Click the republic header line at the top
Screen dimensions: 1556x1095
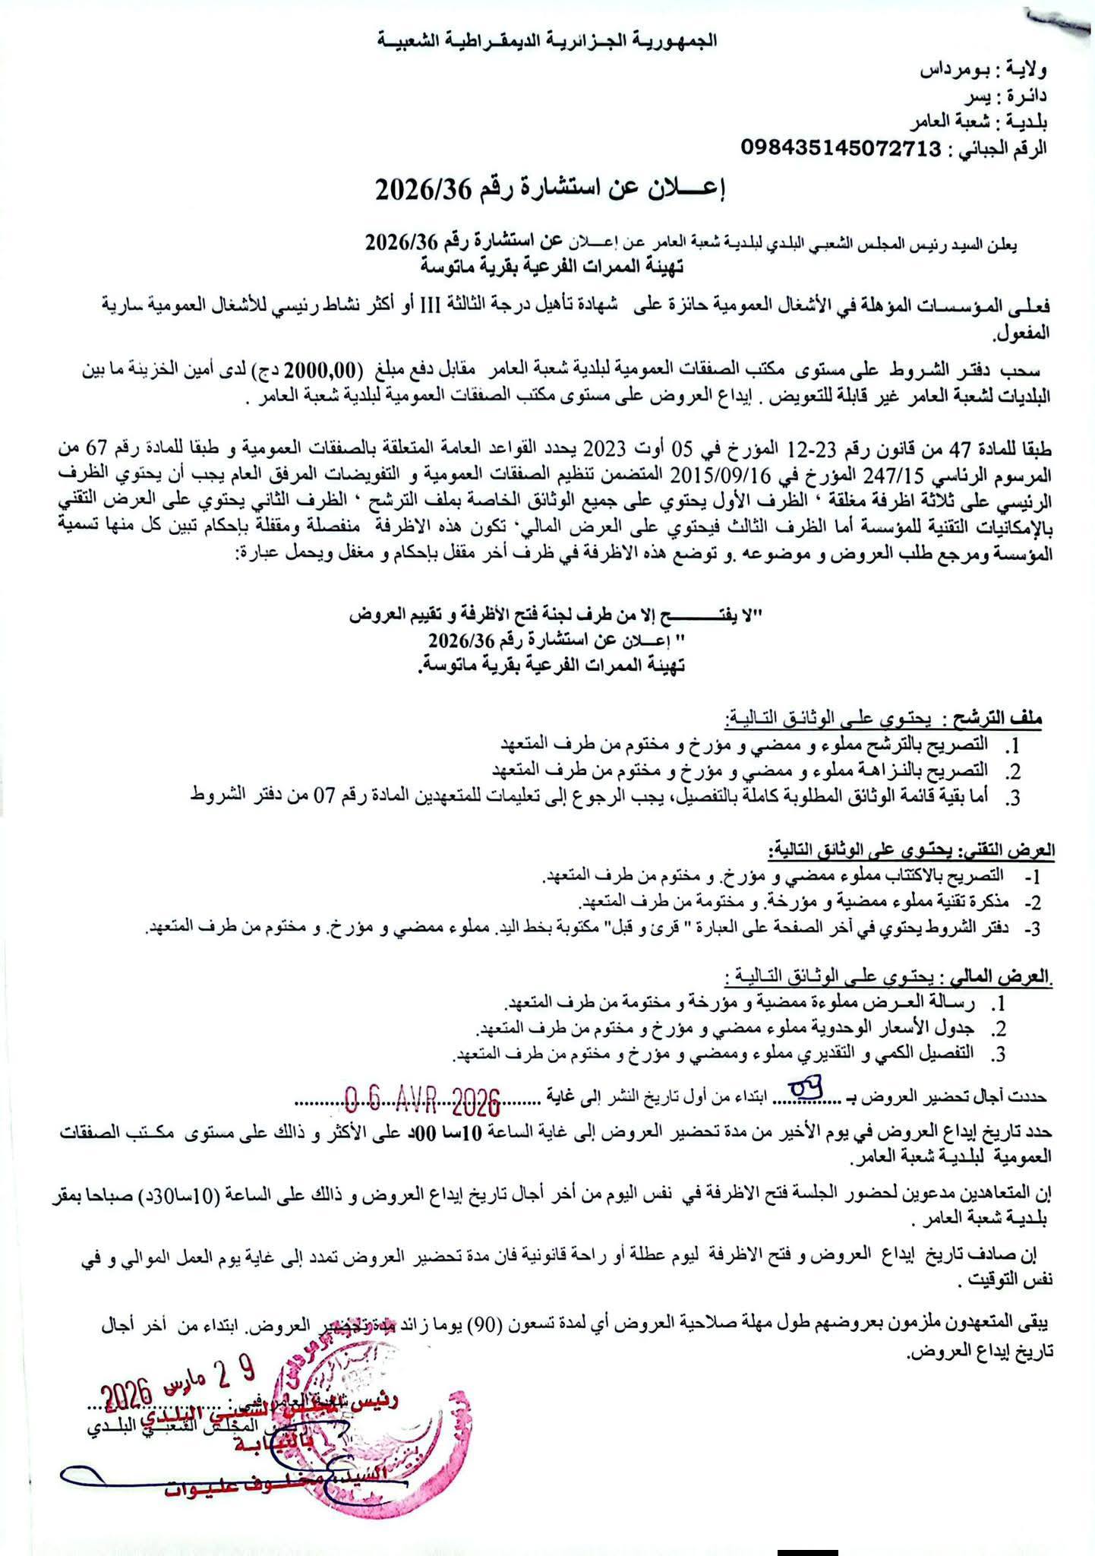tap(547, 41)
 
